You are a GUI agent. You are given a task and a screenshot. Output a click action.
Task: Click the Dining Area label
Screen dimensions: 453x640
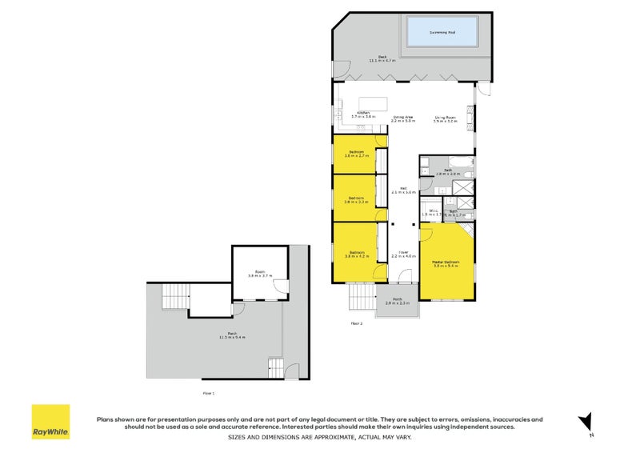click(x=403, y=119)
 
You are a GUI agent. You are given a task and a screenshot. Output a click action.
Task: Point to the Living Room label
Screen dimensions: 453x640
click(x=445, y=119)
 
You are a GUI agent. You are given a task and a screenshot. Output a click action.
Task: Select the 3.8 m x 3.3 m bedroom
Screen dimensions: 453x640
click(x=355, y=200)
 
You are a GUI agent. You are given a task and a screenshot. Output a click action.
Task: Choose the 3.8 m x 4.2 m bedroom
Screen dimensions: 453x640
click(x=355, y=254)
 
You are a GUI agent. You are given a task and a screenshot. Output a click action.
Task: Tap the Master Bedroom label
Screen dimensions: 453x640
click(x=445, y=263)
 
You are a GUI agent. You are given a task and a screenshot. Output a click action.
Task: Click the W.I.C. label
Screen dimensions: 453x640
click(x=430, y=214)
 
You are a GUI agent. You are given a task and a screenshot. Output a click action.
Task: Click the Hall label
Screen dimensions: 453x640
click(x=404, y=190)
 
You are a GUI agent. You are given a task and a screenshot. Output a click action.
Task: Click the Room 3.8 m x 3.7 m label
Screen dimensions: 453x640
click(x=260, y=274)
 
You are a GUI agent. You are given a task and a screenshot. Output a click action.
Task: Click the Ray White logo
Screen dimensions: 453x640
click(x=50, y=422)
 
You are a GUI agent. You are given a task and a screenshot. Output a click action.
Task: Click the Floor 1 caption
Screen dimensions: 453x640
click(x=208, y=393)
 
